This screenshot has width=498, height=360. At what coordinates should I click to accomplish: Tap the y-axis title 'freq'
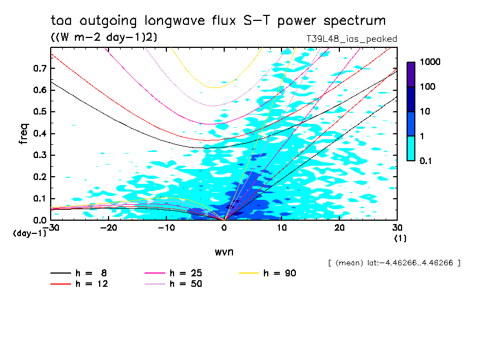coord(24,133)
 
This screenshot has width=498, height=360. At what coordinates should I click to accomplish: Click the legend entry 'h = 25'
coord(186,273)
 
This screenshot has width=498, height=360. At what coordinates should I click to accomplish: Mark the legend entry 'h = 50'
coord(186,284)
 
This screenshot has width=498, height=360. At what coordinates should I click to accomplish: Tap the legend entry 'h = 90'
coord(280,273)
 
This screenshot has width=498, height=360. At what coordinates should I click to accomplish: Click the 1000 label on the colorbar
coord(430,63)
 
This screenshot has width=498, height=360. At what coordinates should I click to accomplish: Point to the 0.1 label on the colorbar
coord(427,161)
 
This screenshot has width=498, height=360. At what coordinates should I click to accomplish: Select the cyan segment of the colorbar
coord(411,148)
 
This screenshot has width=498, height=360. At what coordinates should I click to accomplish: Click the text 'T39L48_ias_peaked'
coord(351,39)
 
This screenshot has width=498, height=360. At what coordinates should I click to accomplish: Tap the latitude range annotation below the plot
coord(393,263)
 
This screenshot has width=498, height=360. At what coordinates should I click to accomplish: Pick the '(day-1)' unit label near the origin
coord(30,233)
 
